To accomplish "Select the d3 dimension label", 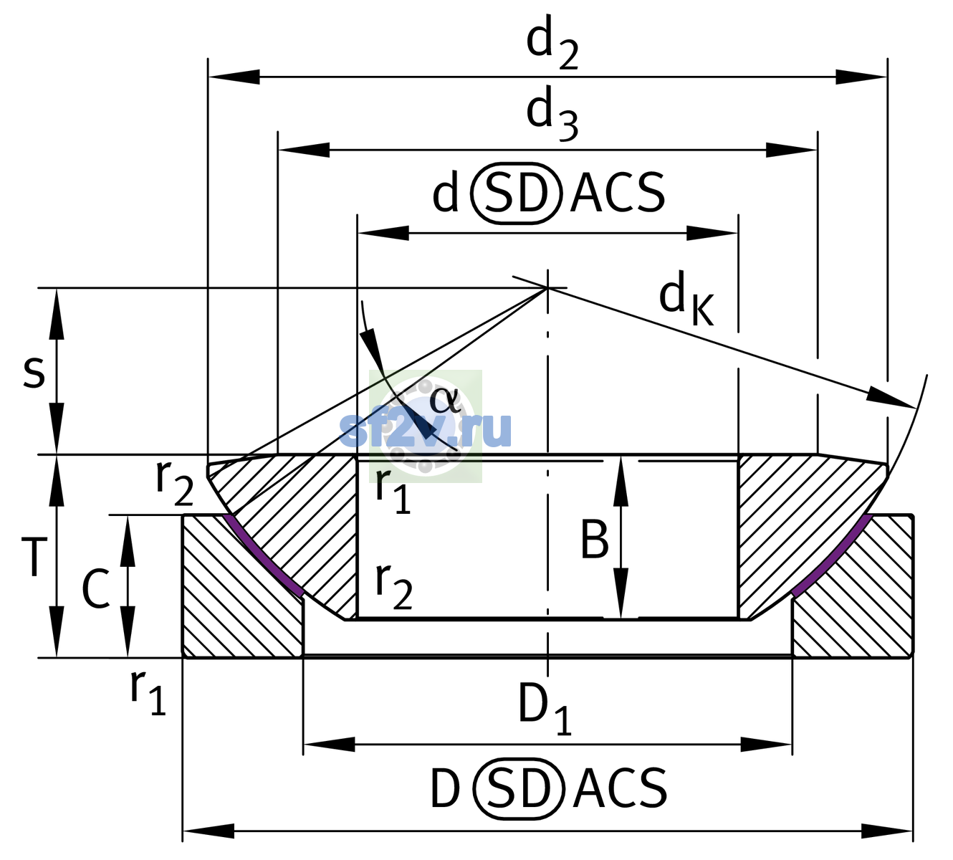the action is click(552, 113).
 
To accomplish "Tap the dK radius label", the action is click(686, 298).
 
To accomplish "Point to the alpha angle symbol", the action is click(445, 400).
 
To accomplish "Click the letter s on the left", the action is click(34, 371).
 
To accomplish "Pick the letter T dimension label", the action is click(34, 556).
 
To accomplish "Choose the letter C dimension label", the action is click(95, 589).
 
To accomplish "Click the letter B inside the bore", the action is click(594, 539).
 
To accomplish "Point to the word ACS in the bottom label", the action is click(620, 788).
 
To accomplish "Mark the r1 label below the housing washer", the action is click(148, 693).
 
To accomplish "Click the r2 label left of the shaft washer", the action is click(174, 484).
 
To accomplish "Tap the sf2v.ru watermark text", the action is click(426, 429).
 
